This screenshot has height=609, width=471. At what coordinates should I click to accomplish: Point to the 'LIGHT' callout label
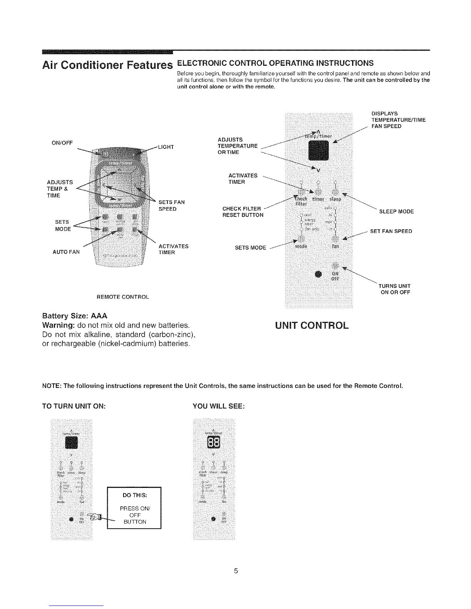pyautogui.click(x=166, y=147)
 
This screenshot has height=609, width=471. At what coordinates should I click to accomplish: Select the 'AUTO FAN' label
pyautogui.click(x=66, y=252)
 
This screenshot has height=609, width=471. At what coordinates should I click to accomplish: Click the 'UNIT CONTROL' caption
pyautogui.click(x=312, y=326)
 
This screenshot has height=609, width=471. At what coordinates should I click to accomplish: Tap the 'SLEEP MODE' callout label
pyautogui.click(x=396, y=211)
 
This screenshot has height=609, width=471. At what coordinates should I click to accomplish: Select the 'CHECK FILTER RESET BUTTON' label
pyautogui.click(x=243, y=212)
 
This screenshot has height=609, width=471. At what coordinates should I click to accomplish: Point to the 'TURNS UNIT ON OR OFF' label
pyautogui.click(x=395, y=289)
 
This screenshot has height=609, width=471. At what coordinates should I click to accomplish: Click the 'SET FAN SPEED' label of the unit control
pyautogui.click(x=391, y=231)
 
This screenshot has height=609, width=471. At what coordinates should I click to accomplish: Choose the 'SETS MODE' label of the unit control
pyautogui.click(x=250, y=248)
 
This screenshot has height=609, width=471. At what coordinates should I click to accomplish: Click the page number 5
pyautogui.click(x=236, y=571)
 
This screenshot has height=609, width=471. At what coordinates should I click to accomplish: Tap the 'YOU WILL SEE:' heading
pyautogui.click(x=218, y=406)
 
